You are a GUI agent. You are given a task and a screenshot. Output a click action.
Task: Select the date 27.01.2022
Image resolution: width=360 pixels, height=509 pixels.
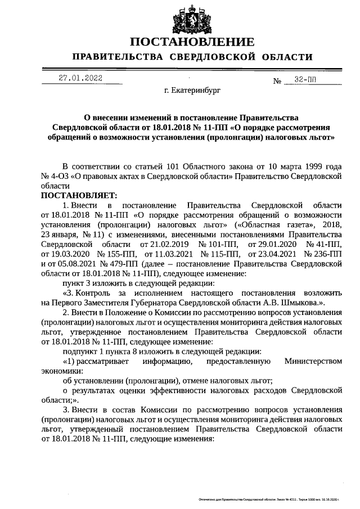(x=81, y=79)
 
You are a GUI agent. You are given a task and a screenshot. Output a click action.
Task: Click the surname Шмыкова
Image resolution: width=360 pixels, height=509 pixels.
(x=302, y=302)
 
